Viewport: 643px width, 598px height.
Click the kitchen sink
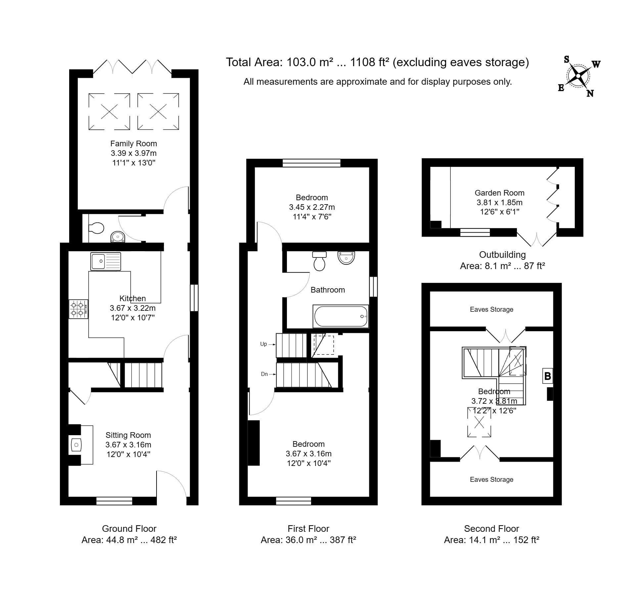[105, 261]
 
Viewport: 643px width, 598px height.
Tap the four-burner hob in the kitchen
[78, 309]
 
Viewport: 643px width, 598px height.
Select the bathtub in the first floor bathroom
[341, 316]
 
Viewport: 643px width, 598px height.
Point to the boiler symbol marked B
[548, 376]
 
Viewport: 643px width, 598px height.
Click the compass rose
[578, 76]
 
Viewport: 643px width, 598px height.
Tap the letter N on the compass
[590, 94]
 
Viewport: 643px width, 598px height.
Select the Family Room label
[133, 144]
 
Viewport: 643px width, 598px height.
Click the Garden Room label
[499, 193]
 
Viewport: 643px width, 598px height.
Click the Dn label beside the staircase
[264, 374]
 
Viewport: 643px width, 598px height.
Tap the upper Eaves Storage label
[491, 309]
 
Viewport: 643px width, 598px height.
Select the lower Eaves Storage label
[491, 480]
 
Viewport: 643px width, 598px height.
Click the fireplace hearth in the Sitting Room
[76, 445]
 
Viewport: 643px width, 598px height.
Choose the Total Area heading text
[377, 62]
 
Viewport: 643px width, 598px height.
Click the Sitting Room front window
[114, 501]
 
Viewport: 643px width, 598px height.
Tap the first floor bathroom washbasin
[346, 257]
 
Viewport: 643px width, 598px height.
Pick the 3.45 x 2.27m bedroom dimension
[312, 207]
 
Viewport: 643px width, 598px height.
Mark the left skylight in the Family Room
[109, 112]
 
